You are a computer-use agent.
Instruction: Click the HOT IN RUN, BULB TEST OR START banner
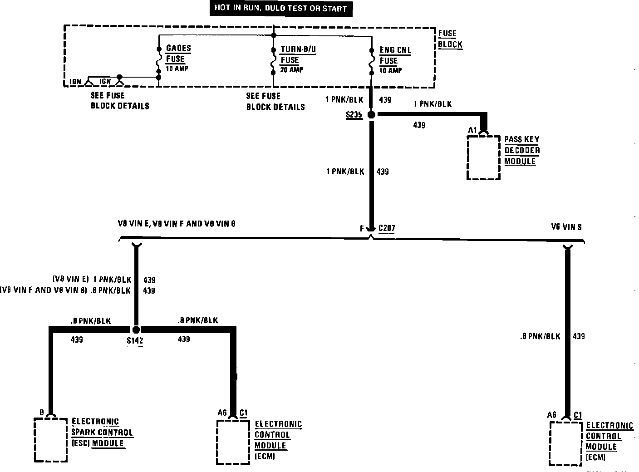click(x=280, y=8)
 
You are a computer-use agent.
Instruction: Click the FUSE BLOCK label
click(x=450, y=39)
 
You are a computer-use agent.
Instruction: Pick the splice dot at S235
click(x=371, y=115)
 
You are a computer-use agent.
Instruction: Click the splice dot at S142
click(x=136, y=329)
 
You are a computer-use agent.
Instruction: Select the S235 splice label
click(x=354, y=115)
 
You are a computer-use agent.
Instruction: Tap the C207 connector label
click(x=386, y=229)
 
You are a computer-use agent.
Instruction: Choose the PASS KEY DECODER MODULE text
click(x=522, y=150)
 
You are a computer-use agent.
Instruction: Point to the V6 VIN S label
click(x=566, y=227)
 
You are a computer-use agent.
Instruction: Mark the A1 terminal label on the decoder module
click(x=472, y=130)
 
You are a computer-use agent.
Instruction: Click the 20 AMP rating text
click(x=292, y=70)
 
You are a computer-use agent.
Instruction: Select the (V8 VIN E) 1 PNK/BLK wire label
click(x=92, y=280)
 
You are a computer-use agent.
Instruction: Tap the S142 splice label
click(x=135, y=340)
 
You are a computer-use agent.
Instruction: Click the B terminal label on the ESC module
click(x=41, y=413)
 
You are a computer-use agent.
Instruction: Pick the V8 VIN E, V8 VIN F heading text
click(x=176, y=224)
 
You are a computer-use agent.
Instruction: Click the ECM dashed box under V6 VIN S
click(x=566, y=443)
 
